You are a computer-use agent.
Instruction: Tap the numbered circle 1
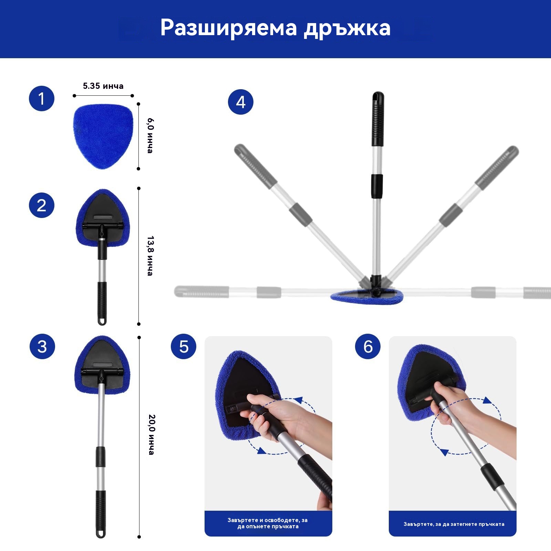42,98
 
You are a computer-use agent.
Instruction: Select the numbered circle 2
42,205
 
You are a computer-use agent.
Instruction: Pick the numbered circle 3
42,346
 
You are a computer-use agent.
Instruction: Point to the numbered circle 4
241,102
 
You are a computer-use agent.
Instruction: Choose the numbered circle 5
184,346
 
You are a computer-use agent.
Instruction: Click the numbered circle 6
368,346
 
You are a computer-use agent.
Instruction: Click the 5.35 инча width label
103,86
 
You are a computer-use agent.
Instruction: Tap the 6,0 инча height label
150,136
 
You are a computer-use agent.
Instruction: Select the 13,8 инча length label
150,256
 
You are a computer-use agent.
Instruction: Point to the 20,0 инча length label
152,435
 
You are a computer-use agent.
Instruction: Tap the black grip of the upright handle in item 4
378,119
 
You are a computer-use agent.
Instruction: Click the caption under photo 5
268,523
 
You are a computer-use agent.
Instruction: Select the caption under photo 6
454,524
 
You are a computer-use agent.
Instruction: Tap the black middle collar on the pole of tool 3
101,457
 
